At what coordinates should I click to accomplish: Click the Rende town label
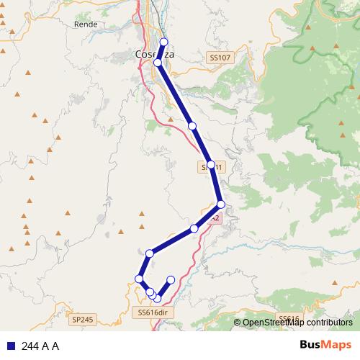click(86, 24)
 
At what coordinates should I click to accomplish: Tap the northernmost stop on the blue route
click(164, 42)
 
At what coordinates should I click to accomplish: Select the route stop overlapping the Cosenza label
click(158, 63)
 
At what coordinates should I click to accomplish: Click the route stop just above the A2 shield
click(220, 205)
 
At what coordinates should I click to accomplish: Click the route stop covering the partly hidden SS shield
click(210, 165)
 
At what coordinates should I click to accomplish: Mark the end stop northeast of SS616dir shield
click(171, 279)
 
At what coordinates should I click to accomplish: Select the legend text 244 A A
click(40, 346)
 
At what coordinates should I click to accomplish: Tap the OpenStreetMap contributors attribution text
click(297, 323)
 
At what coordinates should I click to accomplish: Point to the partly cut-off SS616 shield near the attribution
click(289, 317)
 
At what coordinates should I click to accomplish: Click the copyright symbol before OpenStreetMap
click(238, 323)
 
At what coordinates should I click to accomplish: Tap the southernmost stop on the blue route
click(158, 297)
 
